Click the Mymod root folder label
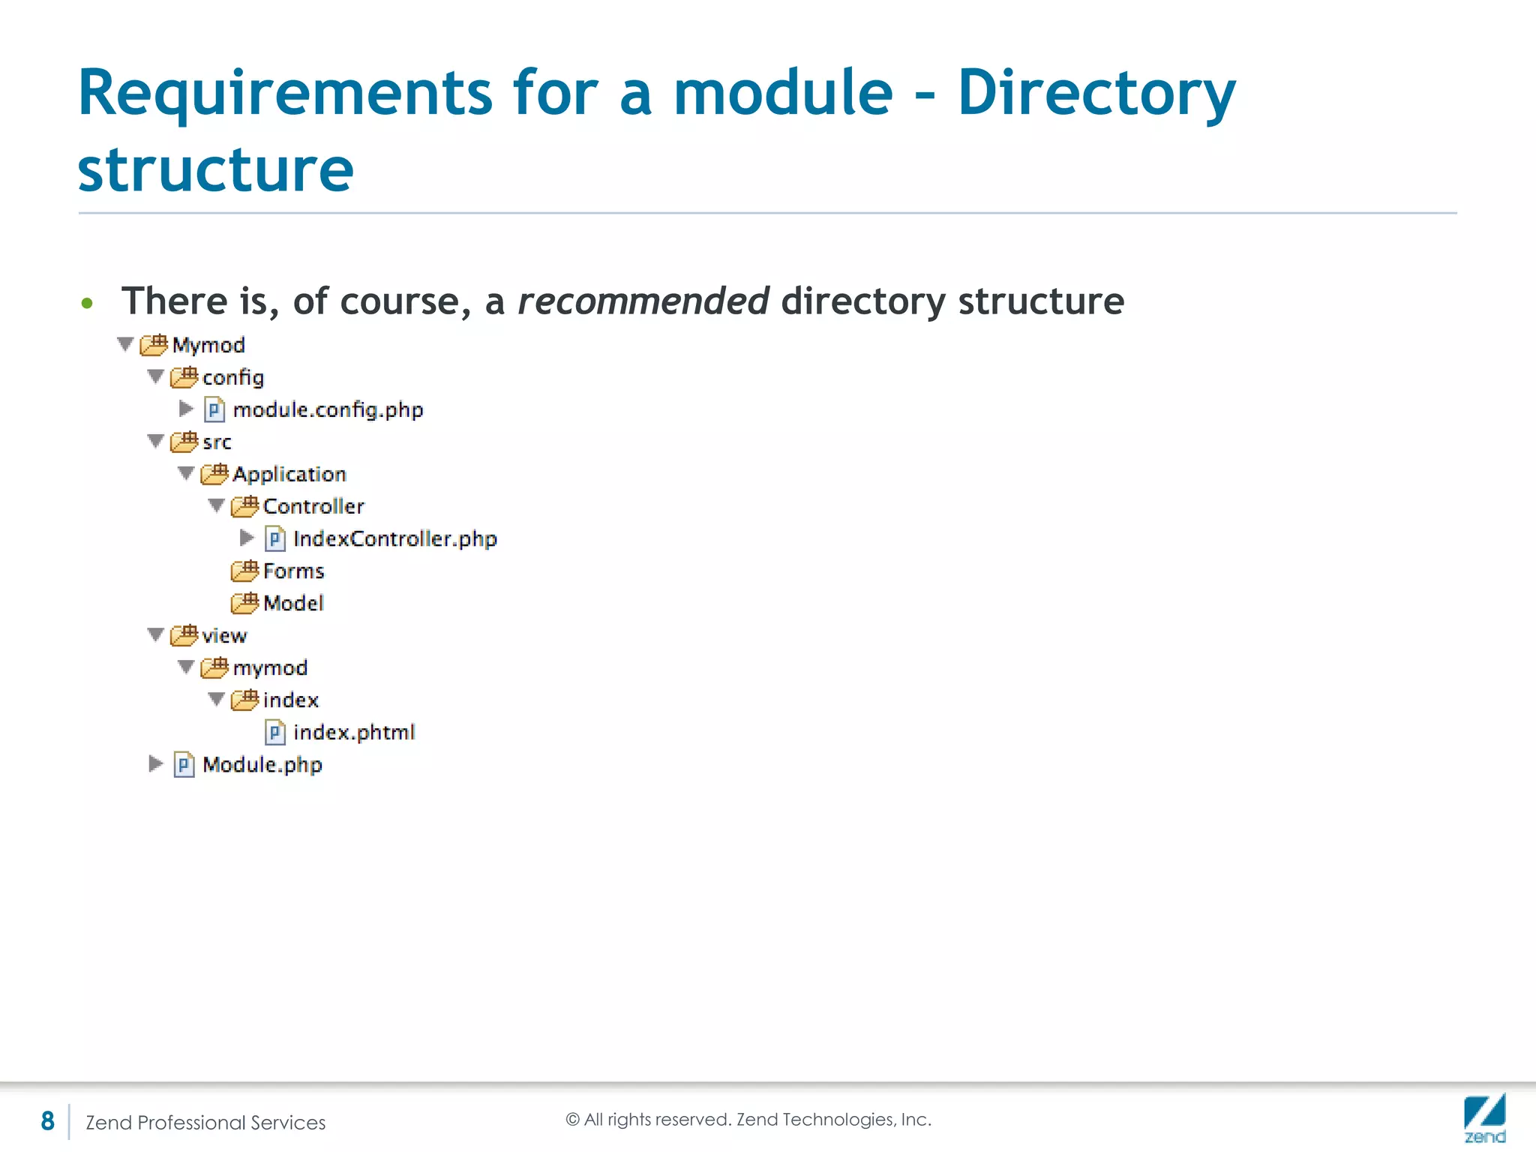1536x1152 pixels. click(208, 345)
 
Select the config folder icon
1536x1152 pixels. click(184, 376)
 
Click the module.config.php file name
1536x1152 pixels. click(328, 409)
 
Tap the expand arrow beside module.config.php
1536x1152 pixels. click(186, 409)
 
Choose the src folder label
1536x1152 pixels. click(217, 442)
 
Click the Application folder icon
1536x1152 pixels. click(214, 473)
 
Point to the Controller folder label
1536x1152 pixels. click(313, 506)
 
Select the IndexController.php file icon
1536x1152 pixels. click(275, 538)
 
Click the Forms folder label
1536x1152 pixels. click(294, 571)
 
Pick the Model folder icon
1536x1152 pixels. click(244, 602)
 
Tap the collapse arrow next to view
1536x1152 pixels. click(155, 634)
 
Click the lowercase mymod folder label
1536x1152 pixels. click(270, 667)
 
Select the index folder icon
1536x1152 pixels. click(244, 699)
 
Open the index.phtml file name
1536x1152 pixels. click(354, 732)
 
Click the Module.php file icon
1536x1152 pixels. click(184, 764)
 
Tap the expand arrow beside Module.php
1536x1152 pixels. click(155, 763)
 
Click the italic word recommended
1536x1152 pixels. click(643, 301)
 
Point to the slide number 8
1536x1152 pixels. click(47, 1120)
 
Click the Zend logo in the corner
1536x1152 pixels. click(1484, 1117)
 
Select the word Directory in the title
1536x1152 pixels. click(1096, 93)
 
